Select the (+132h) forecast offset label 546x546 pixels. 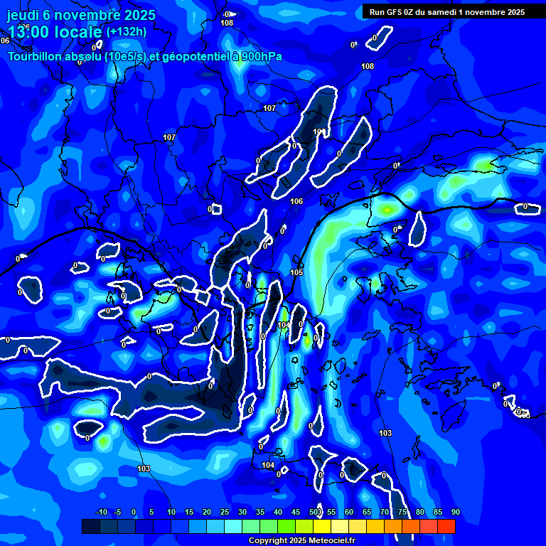click(x=127, y=32)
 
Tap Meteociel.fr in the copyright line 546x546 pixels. click(x=331, y=541)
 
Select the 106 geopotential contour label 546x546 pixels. click(x=296, y=202)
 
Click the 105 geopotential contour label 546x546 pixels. click(x=296, y=273)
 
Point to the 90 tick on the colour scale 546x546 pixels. click(x=455, y=513)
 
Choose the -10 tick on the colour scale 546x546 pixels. click(x=101, y=513)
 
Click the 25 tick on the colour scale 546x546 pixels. click(x=225, y=513)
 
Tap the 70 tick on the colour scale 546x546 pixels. click(x=385, y=513)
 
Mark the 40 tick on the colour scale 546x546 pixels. click(x=278, y=513)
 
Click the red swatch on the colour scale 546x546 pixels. click(x=446, y=526)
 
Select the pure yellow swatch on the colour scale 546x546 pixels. click(x=321, y=526)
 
